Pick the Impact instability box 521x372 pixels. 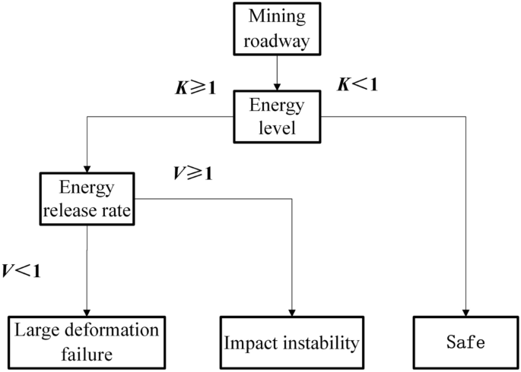(291, 342)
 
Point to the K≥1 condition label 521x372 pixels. (195, 87)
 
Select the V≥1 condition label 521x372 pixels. (192, 173)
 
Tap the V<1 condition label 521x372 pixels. (21, 270)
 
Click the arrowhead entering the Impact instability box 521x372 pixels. (292, 311)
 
